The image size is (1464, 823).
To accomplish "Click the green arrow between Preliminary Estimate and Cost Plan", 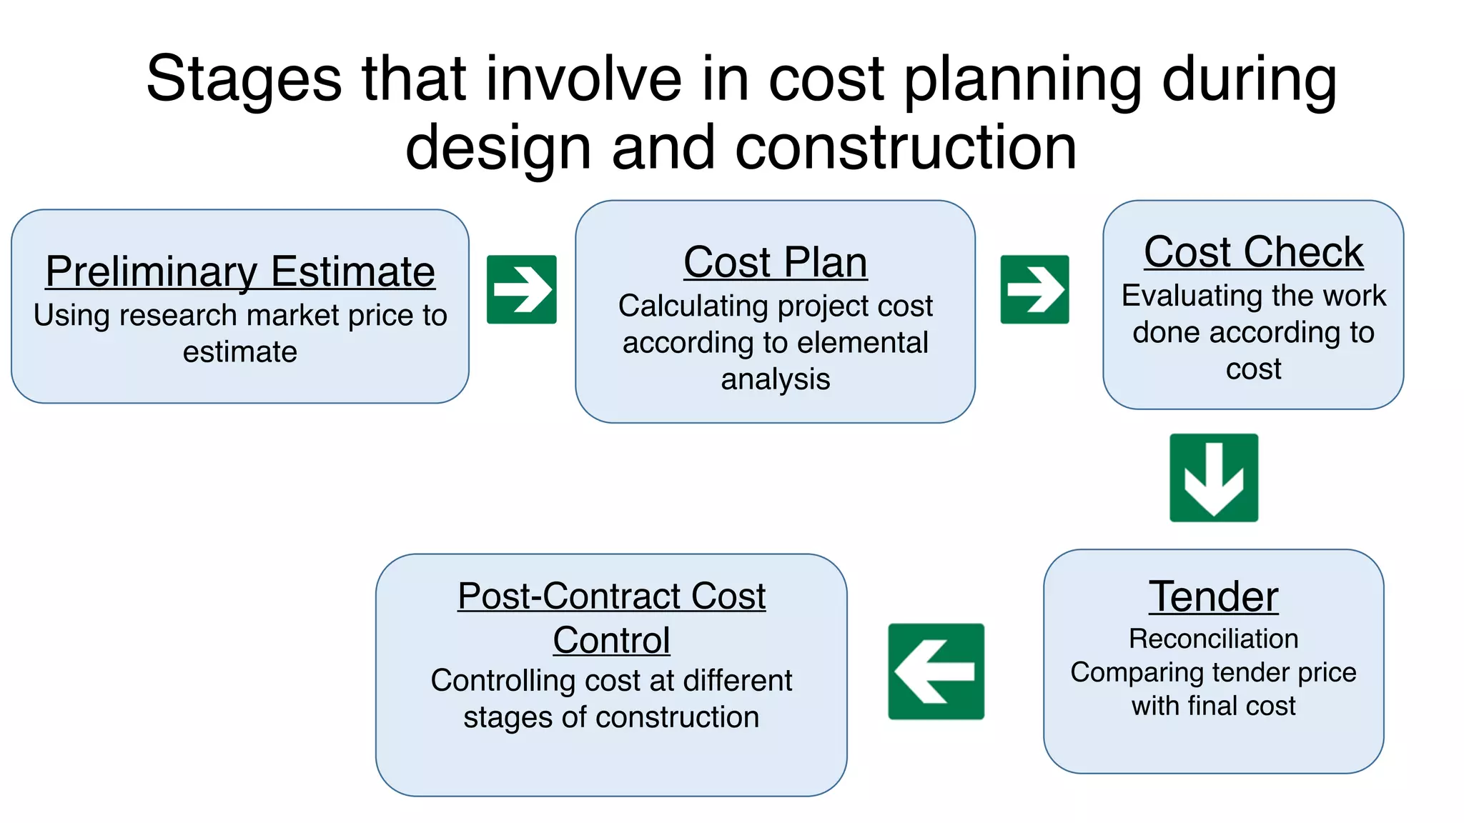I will click(x=521, y=289).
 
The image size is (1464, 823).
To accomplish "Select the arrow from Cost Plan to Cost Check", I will click(x=1034, y=289).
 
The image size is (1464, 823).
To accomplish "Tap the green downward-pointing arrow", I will click(x=1214, y=477).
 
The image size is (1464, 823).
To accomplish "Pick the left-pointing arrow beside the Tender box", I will click(x=936, y=671).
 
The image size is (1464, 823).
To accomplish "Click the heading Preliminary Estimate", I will click(x=240, y=272).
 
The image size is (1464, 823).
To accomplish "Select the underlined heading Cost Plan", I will click(x=776, y=262).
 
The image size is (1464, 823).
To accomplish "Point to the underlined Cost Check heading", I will click(x=1253, y=252).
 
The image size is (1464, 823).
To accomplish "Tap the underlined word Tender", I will click(x=1213, y=597).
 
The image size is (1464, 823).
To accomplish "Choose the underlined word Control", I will click(x=611, y=640).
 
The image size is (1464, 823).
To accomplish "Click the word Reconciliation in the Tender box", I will click(x=1213, y=639).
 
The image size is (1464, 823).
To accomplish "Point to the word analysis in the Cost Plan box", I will click(x=776, y=379).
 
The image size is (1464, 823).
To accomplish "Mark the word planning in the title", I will click(x=1023, y=80).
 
